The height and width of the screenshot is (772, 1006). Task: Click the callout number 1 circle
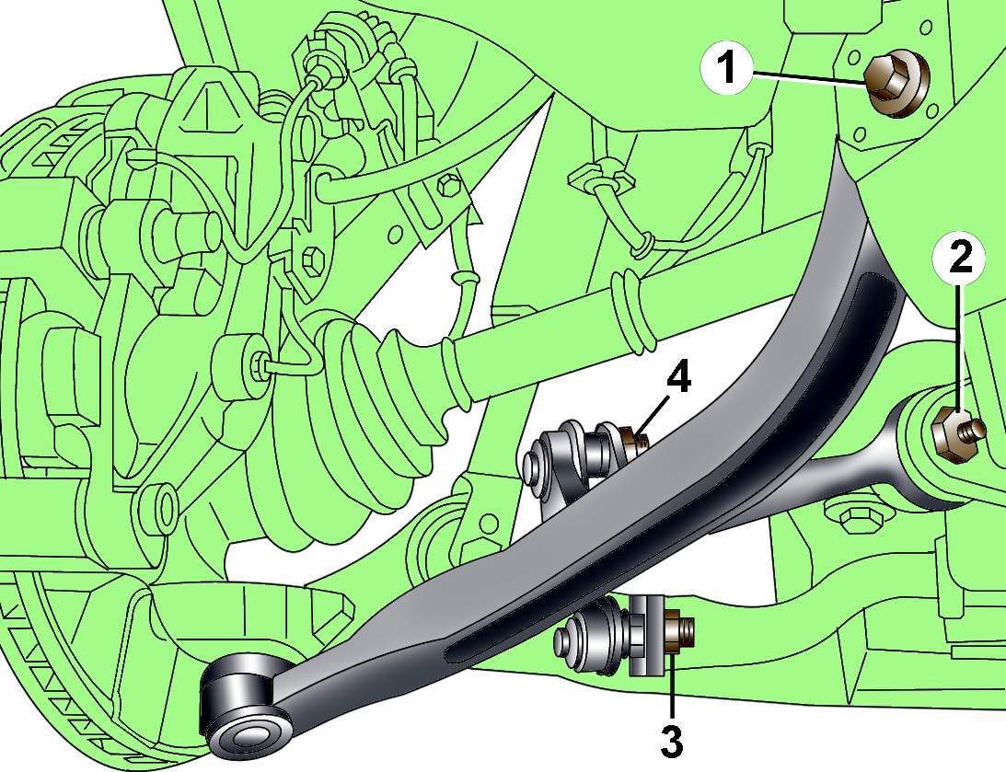[x=726, y=69]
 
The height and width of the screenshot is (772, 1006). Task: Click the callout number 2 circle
[x=961, y=259]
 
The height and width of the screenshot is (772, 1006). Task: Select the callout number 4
[x=678, y=378]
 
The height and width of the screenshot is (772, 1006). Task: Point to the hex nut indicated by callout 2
[x=948, y=433]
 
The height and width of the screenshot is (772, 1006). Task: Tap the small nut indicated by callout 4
[x=631, y=440]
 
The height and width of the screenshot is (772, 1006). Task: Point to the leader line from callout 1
[x=809, y=77]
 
